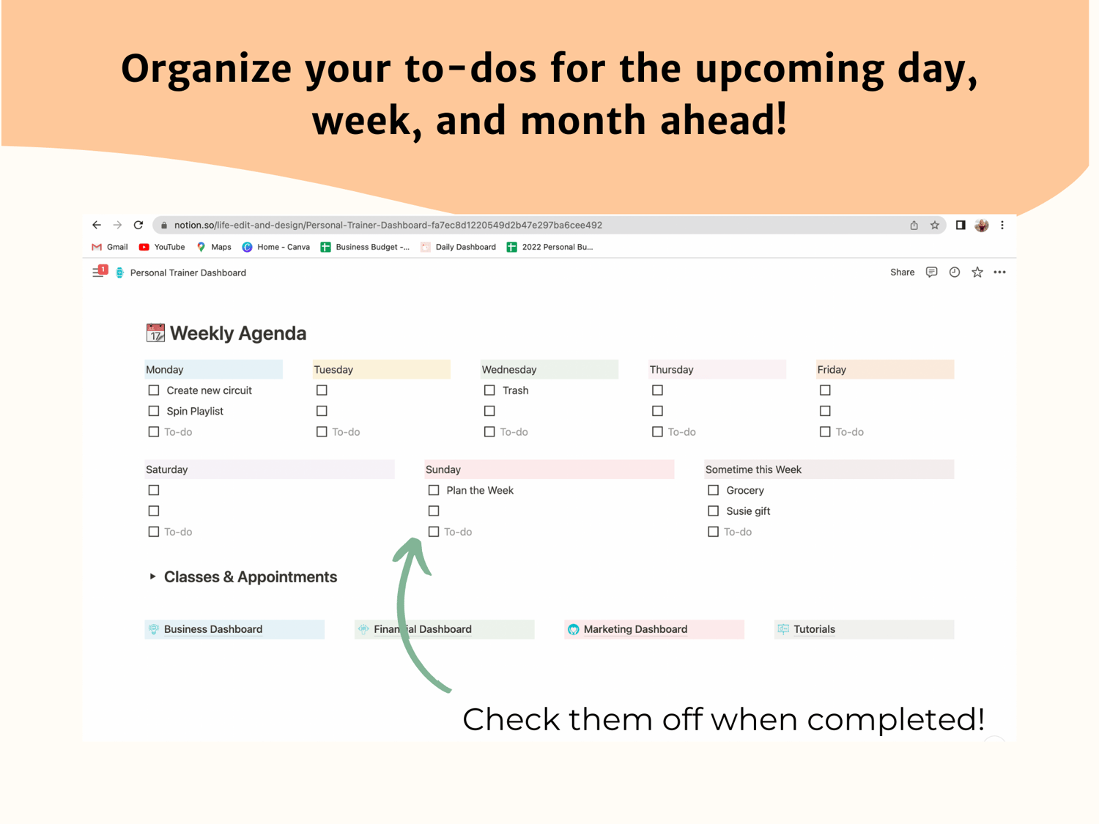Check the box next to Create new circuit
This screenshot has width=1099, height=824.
pos(154,390)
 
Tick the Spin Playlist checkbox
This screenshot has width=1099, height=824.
pos(154,411)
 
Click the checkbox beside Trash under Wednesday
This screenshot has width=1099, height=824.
pos(489,390)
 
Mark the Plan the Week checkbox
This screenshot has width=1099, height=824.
pos(434,490)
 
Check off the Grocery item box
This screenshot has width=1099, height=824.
pos(713,490)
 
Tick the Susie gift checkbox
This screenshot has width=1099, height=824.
pos(713,511)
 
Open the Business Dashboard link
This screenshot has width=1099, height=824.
pos(212,629)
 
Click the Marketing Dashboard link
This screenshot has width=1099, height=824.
pos(635,629)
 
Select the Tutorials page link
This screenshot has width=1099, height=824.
pos(814,629)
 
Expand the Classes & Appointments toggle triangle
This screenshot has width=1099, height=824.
pos(152,576)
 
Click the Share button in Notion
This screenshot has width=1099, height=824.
pos(902,272)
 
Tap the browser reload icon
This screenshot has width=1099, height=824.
pos(138,225)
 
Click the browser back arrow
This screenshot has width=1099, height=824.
pos(97,225)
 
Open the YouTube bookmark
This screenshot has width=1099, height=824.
pos(162,247)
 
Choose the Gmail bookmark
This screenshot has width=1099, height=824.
pos(110,247)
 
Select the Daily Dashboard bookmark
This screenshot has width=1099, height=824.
pos(458,247)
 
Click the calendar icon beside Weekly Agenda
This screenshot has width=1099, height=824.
pos(155,333)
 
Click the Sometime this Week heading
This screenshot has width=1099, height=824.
pos(753,469)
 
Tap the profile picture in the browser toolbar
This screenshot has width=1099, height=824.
pos(981,225)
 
